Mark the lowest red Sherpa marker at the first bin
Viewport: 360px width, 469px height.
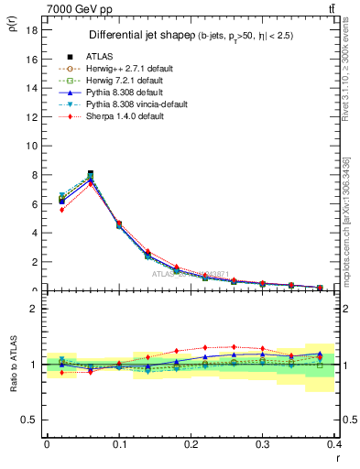click(61, 210)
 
